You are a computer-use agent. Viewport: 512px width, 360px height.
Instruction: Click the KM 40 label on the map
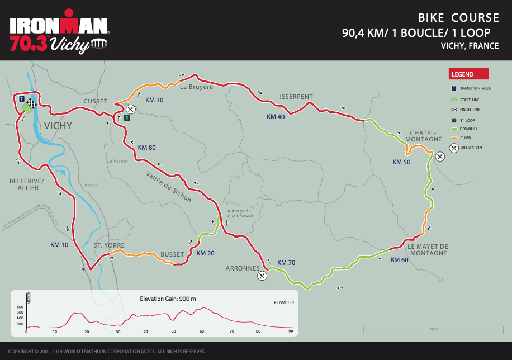[x=276, y=117]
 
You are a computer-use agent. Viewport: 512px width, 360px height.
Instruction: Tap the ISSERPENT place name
[x=296, y=97]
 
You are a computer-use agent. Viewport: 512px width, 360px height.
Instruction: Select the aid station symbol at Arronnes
[x=262, y=275]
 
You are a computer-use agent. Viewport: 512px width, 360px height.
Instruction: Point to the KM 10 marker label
[x=59, y=245]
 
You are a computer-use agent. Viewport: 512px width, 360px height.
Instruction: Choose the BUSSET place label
[x=172, y=254]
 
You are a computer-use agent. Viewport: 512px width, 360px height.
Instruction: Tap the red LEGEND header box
[x=469, y=74]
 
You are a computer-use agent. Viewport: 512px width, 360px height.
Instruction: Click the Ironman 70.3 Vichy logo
[x=59, y=32]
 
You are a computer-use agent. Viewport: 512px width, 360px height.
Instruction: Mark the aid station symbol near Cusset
[x=131, y=109]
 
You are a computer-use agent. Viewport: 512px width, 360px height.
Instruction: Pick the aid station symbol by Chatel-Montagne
[x=440, y=156]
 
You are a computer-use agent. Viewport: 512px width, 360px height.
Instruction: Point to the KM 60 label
[x=399, y=260]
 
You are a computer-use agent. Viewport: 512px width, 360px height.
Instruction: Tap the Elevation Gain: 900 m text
[x=168, y=299]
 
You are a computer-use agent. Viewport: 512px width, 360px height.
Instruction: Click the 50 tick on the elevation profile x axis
[x=174, y=331]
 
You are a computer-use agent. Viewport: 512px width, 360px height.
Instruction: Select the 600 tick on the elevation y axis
[x=20, y=307]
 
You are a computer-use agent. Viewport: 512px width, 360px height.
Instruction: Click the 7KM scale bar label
[x=433, y=329]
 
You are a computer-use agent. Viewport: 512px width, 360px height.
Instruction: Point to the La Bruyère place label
[x=197, y=87]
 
